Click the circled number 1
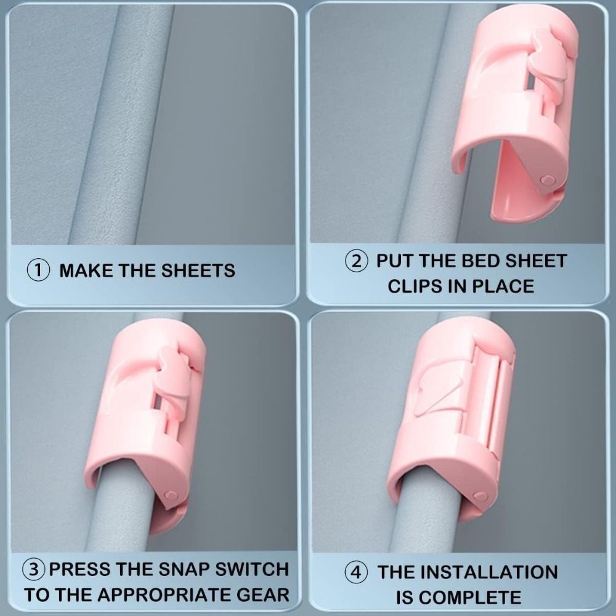(38, 270)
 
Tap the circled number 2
(356, 261)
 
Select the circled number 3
(34, 570)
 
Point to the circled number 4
(356, 572)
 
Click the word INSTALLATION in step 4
(487, 572)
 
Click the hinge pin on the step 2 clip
(547, 180)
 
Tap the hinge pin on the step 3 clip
(171, 495)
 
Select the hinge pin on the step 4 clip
(479, 496)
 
